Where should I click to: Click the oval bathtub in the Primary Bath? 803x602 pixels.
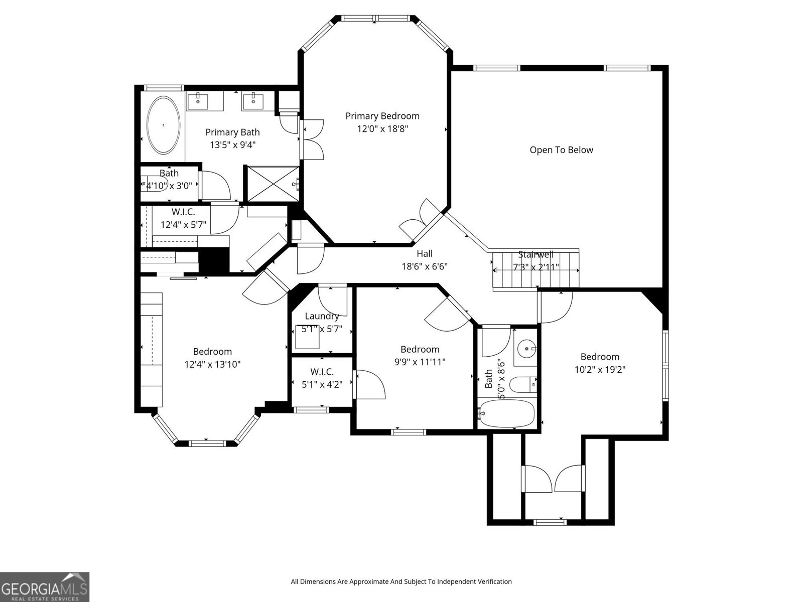click(163, 125)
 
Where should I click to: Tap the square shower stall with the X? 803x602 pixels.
click(272, 183)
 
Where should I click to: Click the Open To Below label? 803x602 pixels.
click(561, 150)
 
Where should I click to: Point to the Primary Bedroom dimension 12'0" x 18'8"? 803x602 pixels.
click(382, 129)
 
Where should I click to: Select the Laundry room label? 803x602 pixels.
click(322, 316)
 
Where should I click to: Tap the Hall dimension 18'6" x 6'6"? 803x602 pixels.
click(424, 267)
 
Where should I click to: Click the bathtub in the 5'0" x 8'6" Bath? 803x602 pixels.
click(507, 413)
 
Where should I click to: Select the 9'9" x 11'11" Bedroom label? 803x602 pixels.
click(420, 350)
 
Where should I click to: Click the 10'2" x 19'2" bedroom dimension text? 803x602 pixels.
click(600, 370)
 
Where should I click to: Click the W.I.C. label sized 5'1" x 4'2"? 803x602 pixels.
click(322, 372)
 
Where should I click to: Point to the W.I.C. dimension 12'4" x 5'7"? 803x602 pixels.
click(183, 225)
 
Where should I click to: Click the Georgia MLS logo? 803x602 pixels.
click(45, 586)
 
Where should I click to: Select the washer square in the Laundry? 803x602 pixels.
click(307, 337)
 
